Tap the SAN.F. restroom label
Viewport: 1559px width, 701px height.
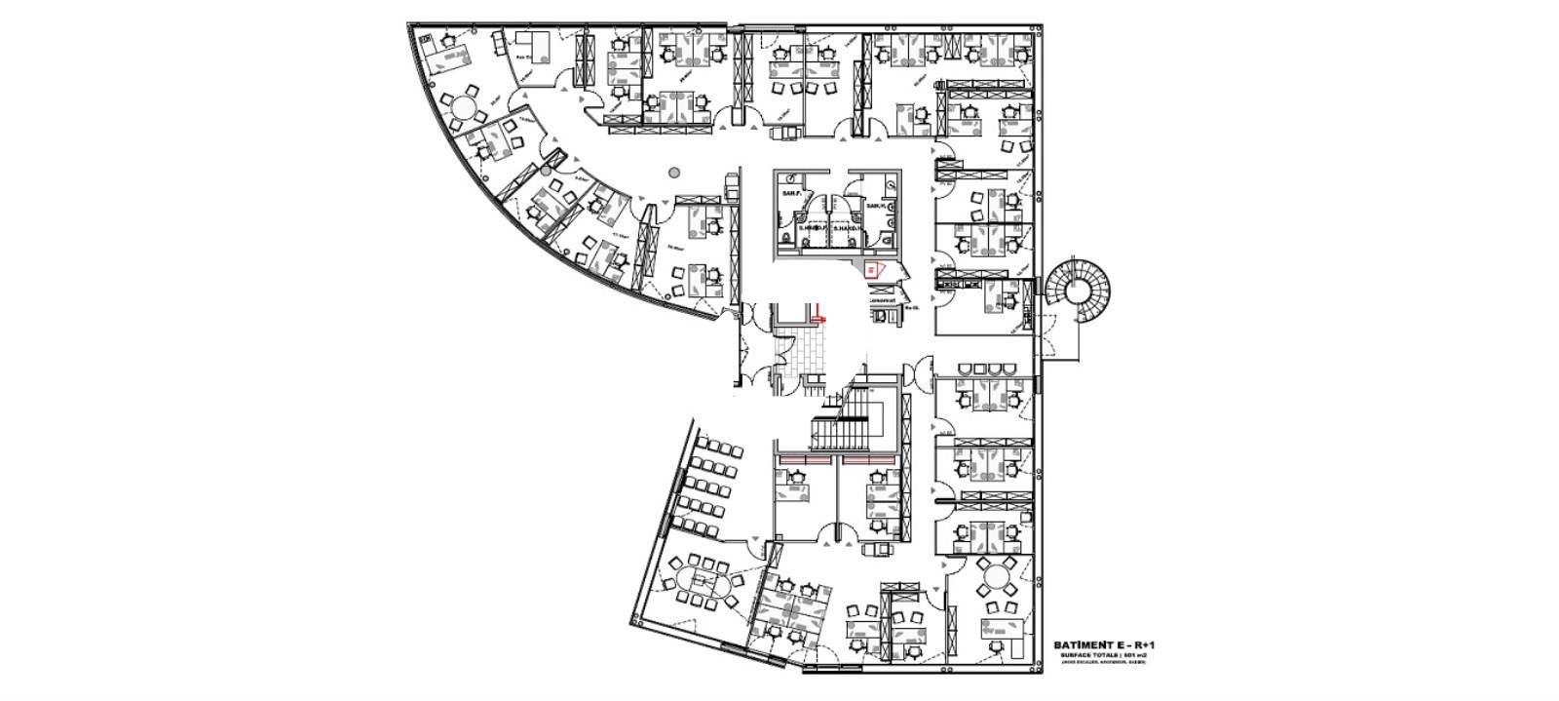(x=789, y=195)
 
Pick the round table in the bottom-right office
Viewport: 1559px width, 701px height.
(x=998, y=578)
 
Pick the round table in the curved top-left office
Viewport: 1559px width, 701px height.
(x=461, y=104)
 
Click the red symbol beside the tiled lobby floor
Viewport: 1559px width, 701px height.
(x=819, y=316)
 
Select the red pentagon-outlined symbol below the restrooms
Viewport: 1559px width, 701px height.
(x=874, y=268)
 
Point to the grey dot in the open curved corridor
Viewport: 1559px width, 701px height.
(x=672, y=173)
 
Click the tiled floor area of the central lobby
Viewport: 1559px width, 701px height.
(x=804, y=350)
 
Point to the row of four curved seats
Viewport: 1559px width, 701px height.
(x=986, y=370)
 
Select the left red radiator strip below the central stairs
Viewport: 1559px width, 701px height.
(x=804, y=457)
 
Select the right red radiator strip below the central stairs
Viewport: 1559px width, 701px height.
(x=870, y=457)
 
